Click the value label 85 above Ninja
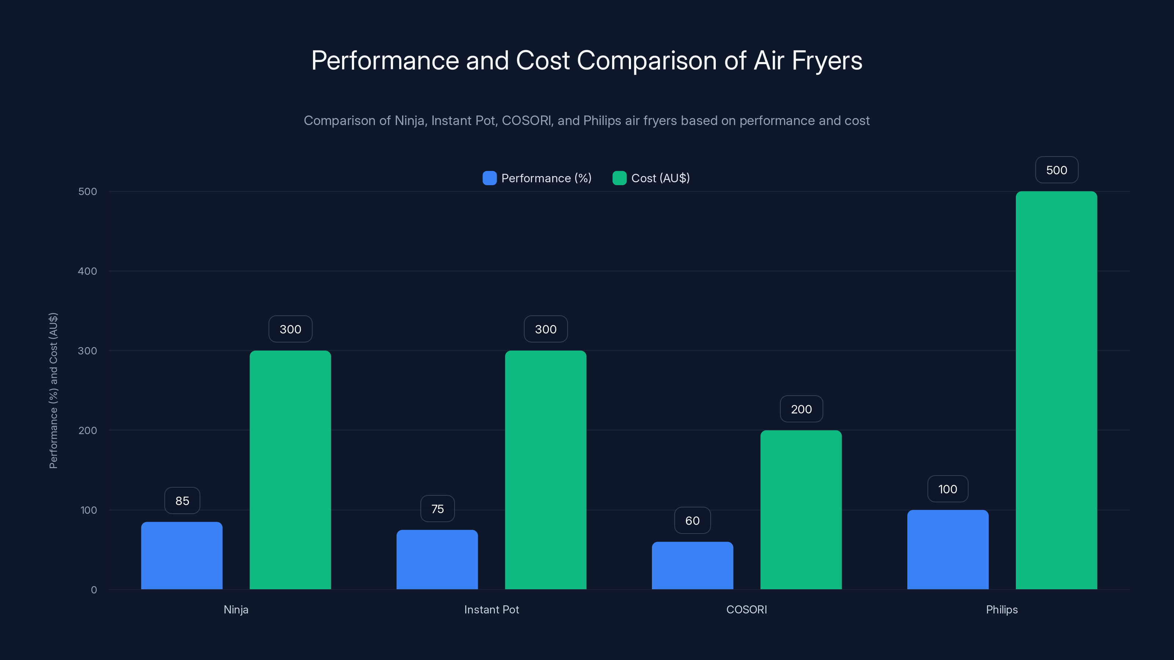click(x=182, y=500)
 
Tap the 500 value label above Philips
click(x=1057, y=170)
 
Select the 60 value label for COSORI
click(x=692, y=520)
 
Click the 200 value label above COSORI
click(x=801, y=409)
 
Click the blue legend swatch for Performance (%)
click(x=489, y=178)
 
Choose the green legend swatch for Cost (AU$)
click(x=619, y=178)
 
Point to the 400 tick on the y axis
click(x=88, y=271)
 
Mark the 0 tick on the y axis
click(x=94, y=590)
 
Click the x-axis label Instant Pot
click(x=491, y=609)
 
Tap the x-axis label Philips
click(x=1002, y=609)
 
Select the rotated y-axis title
click(x=53, y=390)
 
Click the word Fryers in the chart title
click(x=827, y=60)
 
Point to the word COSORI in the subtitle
click(x=526, y=121)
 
